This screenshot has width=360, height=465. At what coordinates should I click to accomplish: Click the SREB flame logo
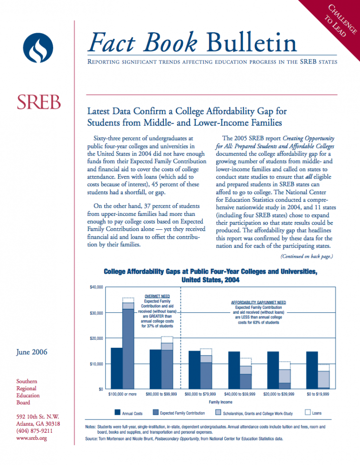[38, 48]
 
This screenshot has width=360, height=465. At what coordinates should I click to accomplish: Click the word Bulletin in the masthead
[251, 42]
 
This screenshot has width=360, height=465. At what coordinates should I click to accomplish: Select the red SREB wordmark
[38, 102]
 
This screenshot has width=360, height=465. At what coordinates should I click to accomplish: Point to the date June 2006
[32, 352]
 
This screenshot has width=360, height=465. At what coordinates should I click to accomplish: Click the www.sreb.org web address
[31, 438]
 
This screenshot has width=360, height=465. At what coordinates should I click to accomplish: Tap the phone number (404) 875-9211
[34, 431]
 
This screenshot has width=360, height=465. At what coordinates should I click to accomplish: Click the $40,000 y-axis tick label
[96, 287]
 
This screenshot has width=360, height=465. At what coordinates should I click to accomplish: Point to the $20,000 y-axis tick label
[96, 338]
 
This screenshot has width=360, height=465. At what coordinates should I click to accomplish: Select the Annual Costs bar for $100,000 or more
[117, 368]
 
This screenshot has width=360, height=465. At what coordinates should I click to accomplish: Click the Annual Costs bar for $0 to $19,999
[312, 371]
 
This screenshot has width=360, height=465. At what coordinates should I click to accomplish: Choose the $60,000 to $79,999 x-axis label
[200, 394]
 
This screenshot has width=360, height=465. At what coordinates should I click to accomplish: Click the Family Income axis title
[220, 402]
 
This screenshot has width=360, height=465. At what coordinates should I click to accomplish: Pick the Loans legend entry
[313, 412]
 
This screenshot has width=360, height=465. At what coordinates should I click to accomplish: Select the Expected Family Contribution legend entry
[179, 412]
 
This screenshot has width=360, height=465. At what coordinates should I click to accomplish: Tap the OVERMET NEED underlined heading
[157, 296]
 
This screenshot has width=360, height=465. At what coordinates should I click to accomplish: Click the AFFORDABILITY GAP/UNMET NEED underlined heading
[258, 303]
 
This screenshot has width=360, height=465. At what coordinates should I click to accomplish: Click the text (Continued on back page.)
[307, 256]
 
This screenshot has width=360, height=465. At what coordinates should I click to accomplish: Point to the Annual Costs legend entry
[129, 412]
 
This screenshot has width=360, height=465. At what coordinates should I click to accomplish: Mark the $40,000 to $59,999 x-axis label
[239, 394]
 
